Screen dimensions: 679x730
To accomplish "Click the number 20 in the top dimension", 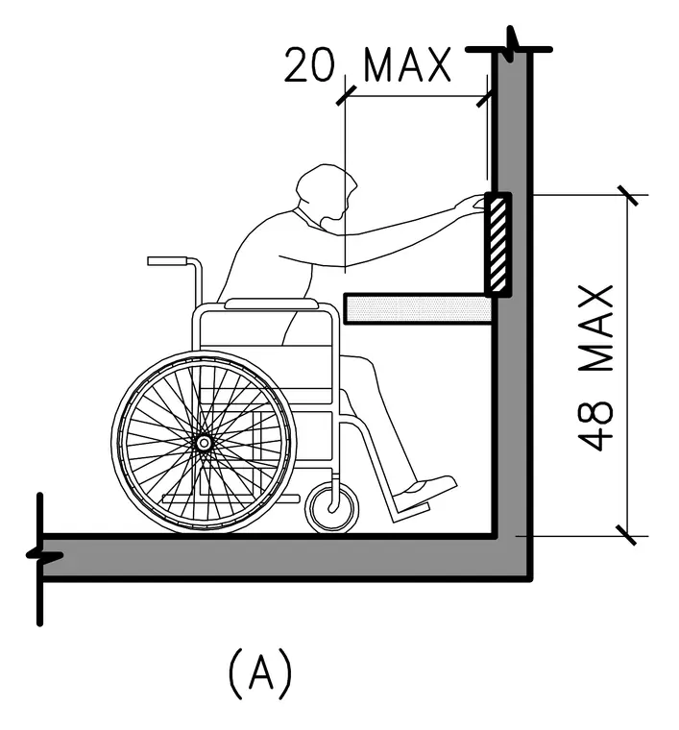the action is click(309, 65).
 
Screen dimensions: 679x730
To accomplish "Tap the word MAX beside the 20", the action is click(408, 65).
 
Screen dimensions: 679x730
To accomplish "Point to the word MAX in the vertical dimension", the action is click(596, 328).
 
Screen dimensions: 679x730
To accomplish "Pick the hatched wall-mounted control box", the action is click(497, 244).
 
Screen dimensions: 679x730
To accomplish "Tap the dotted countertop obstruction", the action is click(418, 308).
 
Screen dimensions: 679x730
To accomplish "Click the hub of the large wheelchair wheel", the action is click(204, 443).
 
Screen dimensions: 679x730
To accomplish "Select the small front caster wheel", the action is click(332, 508).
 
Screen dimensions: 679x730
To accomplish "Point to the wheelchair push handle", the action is click(167, 260).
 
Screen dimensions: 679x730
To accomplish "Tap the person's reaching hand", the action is click(469, 204).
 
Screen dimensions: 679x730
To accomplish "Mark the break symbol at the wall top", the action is click(512, 45).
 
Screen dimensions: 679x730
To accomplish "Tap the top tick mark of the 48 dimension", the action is click(628, 195).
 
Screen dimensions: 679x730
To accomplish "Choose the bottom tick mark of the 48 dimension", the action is click(628, 535).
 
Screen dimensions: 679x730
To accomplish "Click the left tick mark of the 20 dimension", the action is click(346, 95).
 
